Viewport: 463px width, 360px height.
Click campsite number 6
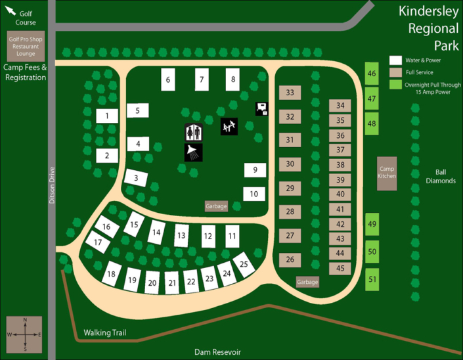click(x=168, y=80)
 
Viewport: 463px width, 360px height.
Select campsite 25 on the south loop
click(x=244, y=264)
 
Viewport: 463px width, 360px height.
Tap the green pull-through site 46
click(x=372, y=74)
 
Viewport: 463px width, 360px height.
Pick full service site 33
click(x=290, y=93)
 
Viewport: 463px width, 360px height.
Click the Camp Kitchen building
click(x=387, y=173)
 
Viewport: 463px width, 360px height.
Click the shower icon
click(x=193, y=152)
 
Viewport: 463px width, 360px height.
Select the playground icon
click(x=229, y=126)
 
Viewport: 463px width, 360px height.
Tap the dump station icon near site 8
click(x=262, y=109)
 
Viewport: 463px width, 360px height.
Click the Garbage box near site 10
click(x=216, y=206)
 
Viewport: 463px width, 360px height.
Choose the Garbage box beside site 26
click(x=307, y=282)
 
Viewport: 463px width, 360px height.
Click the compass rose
click(x=24, y=334)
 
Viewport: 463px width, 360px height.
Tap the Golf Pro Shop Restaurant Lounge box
click(x=26, y=46)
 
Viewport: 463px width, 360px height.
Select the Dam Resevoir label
click(x=217, y=352)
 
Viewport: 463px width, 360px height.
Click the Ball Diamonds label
click(x=440, y=176)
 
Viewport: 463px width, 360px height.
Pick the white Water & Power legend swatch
click(x=395, y=60)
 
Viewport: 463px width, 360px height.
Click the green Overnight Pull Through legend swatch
click(x=395, y=84)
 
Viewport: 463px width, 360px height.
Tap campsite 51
click(x=372, y=279)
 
